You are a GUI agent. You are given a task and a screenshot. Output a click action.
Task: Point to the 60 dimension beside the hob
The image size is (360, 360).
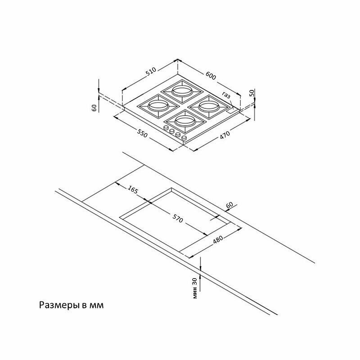(94, 108)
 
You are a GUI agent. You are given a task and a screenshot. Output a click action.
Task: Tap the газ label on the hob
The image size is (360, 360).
(226, 95)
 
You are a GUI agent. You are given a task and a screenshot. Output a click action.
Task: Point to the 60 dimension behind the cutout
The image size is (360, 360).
(229, 206)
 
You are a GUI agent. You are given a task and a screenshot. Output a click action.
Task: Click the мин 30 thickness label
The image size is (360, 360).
(194, 288)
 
